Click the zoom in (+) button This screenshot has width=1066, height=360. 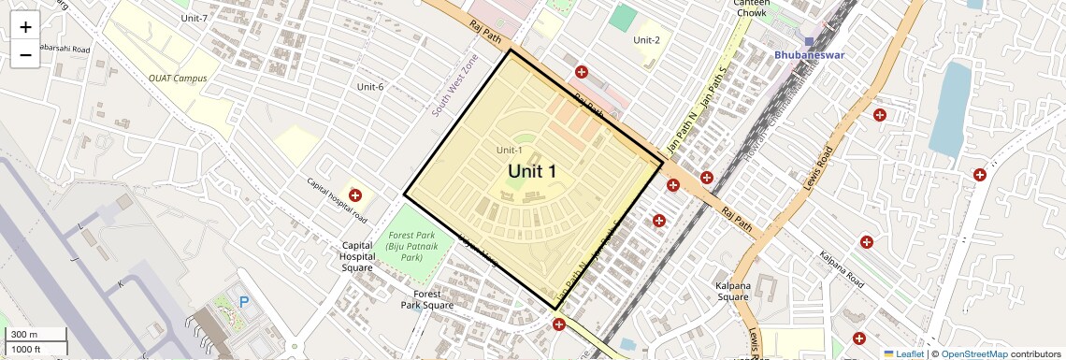tap(25, 26)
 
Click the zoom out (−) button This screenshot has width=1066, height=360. tap(25, 54)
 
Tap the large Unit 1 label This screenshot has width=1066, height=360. tap(532, 171)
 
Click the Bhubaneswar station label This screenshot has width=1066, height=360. tap(809, 55)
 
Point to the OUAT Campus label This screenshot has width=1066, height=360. tap(178, 79)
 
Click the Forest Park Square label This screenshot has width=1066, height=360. tap(426, 299)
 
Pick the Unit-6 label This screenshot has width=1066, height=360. tap(370, 87)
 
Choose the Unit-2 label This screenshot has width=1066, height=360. tap(646, 40)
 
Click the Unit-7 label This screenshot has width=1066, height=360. tap(194, 18)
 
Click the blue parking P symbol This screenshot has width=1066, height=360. tap(245, 302)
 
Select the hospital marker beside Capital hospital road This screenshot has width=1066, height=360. tap(355, 194)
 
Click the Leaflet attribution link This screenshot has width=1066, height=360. tap(904, 353)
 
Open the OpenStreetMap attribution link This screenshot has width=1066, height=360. tap(974, 353)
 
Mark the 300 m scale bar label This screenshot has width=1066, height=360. tap(24, 335)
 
